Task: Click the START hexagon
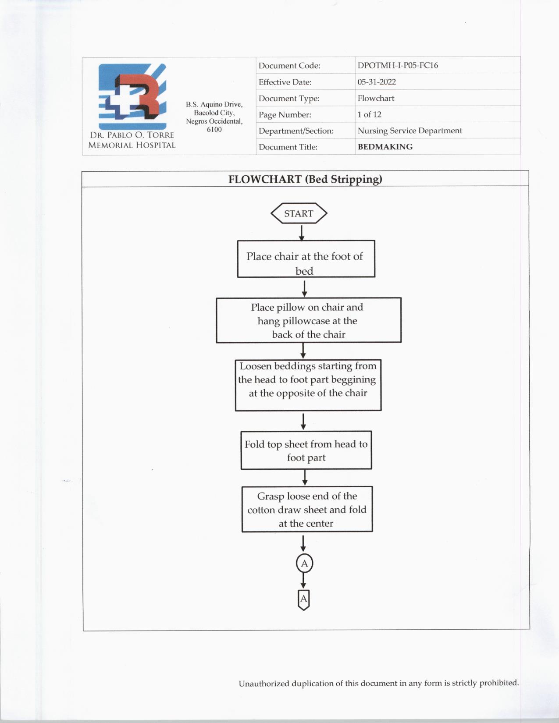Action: [x=299, y=213]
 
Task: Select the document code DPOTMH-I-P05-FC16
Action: [x=397, y=65]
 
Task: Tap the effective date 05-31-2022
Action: [x=376, y=82]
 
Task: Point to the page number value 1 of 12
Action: [x=369, y=114]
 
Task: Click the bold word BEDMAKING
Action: [x=385, y=147]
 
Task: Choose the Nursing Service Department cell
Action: [x=409, y=131]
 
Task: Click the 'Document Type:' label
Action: [x=289, y=99]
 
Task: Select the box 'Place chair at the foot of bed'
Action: [x=306, y=259]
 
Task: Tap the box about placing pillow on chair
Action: [x=308, y=320]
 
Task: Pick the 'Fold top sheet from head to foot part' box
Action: [x=306, y=450]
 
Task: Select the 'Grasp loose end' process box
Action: [x=307, y=509]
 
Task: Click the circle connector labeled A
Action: [x=304, y=564]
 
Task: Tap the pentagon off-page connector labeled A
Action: [x=303, y=599]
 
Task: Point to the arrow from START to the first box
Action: [x=302, y=232]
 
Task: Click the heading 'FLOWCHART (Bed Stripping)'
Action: [x=305, y=179]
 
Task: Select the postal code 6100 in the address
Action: [x=214, y=130]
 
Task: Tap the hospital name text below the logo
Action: [x=132, y=140]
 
